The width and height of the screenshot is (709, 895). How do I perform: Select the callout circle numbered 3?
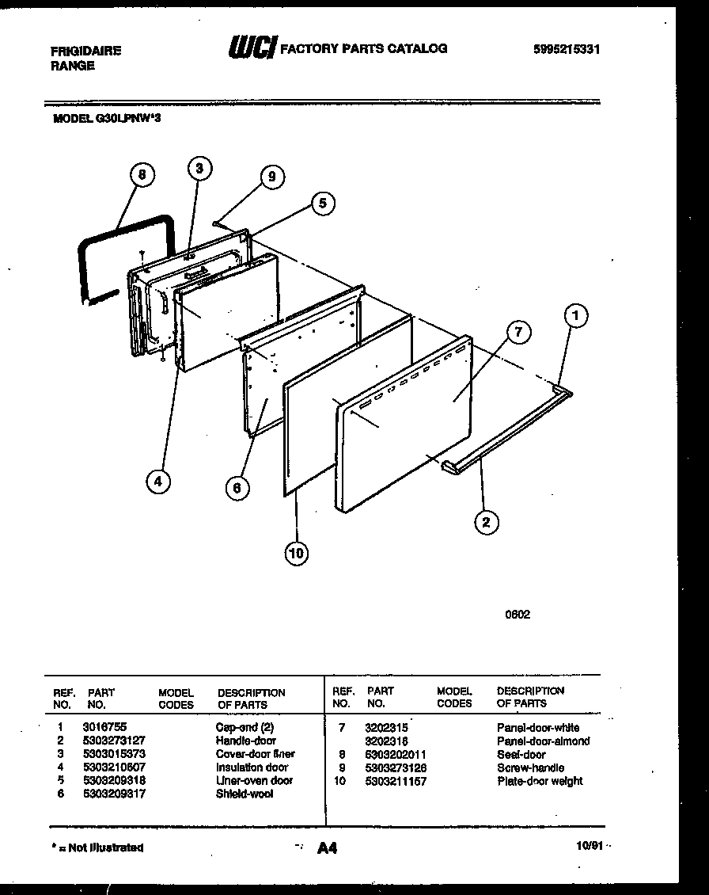tap(199, 168)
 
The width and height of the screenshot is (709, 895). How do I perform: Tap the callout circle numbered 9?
tap(271, 177)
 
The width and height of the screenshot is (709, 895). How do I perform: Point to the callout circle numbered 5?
tap(322, 203)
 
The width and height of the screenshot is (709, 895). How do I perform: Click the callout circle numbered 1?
tap(576, 316)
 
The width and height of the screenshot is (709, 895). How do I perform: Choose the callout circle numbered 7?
tap(518, 333)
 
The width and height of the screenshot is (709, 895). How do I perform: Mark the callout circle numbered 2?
tap(486, 521)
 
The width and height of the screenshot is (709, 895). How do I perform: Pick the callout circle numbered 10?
tap(296, 554)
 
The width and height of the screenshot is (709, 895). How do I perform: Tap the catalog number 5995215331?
tap(567, 49)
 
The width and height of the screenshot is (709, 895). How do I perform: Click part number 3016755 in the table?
tap(104, 726)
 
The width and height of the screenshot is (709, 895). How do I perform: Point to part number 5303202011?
tap(396, 754)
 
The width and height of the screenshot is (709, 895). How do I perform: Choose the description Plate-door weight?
tap(540, 781)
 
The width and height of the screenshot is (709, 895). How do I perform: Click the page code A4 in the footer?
tap(327, 848)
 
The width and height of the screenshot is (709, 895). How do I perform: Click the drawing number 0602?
tap(518, 615)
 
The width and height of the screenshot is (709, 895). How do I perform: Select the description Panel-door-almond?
tap(543, 741)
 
